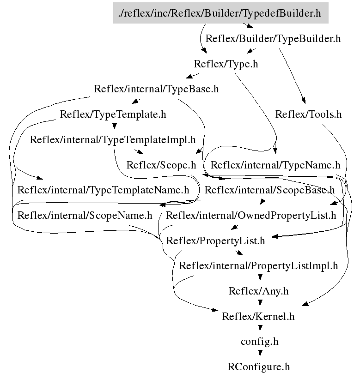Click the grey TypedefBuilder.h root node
tap(220, 13)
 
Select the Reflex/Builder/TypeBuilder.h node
tap(273, 39)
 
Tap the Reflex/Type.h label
tap(226, 64)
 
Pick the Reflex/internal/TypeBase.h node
tap(156, 89)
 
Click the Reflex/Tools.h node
tap(308, 114)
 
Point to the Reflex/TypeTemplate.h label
tap(113, 114)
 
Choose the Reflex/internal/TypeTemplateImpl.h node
tap(113, 139)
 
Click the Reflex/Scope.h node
tap(161, 165)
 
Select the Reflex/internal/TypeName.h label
tap(275, 165)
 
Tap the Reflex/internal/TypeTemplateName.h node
tap(103, 190)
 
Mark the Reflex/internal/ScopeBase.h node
tap(270, 190)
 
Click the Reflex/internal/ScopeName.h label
tap(85, 215)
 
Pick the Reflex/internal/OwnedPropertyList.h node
tap(251, 215)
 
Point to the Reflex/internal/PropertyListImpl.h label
tap(258, 266)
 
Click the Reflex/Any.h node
tap(258, 291)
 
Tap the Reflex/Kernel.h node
tap(258, 317)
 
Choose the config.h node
tap(259, 342)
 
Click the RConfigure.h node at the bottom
tap(259, 367)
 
